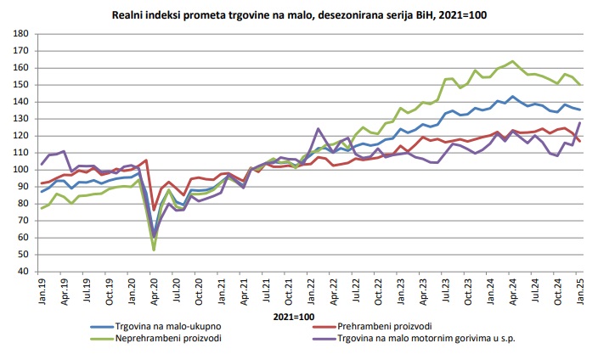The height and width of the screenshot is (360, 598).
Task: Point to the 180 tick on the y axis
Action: (x=20, y=34)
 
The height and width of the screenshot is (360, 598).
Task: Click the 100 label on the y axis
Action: (x=20, y=170)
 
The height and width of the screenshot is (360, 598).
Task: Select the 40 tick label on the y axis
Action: (x=23, y=272)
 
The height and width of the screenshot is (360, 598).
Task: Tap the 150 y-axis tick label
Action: (x=20, y=85)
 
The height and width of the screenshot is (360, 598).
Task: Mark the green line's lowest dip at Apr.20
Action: (x=154, y=250)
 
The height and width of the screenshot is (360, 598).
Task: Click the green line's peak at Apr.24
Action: (x=513, y=61)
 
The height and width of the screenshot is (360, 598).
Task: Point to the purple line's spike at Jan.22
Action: (x=318, y=129)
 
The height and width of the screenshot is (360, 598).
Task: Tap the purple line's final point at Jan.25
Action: (x=580, y=122)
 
